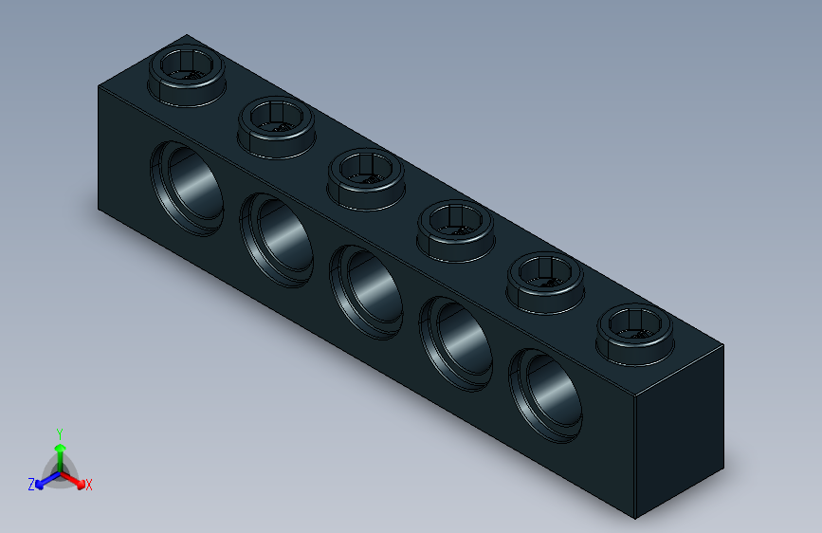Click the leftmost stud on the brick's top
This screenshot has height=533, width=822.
tap(188, 74)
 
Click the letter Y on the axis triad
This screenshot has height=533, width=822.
tap(59, 432)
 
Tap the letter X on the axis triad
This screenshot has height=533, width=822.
tap(89, 486)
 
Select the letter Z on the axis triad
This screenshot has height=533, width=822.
tap(31, 485)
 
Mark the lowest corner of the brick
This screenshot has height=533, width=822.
tap(634, 518)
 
